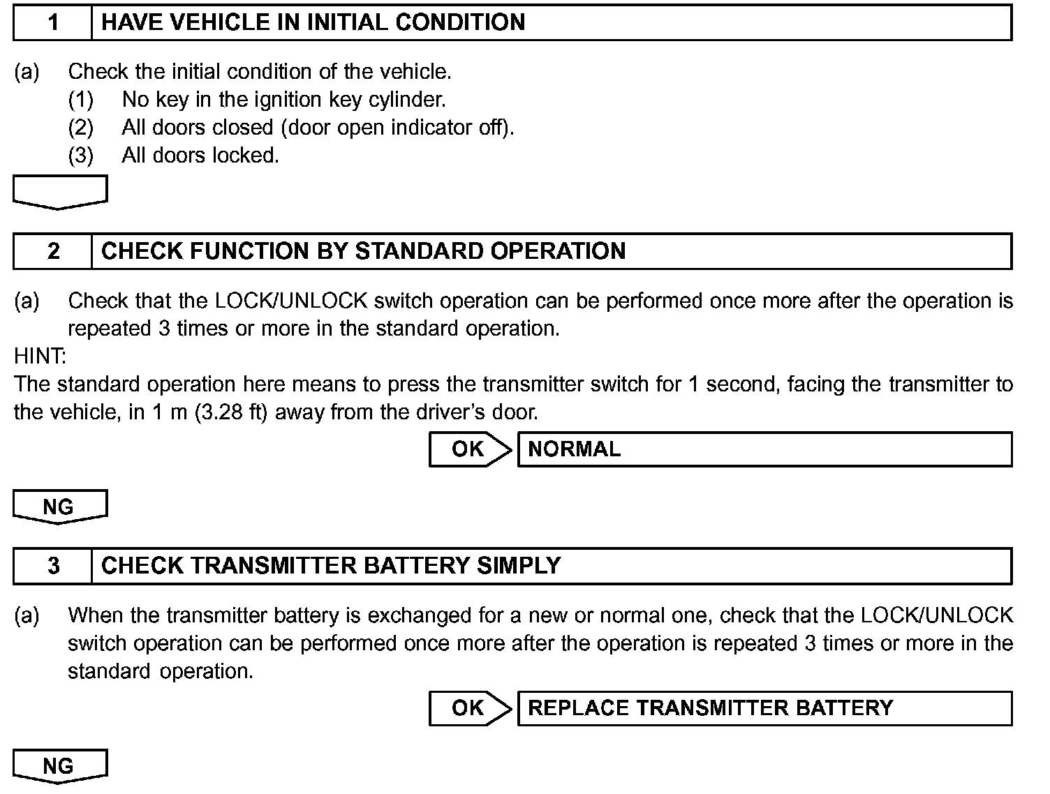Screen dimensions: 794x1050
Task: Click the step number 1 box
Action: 53,22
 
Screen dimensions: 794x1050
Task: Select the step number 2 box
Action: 53,251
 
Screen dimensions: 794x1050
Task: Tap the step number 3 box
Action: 53,566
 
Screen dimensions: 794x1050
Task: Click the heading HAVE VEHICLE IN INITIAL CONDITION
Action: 313,22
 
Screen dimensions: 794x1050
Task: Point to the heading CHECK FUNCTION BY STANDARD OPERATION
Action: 363,251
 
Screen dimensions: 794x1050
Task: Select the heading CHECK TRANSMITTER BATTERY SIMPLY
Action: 331,566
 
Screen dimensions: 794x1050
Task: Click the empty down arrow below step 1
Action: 60,192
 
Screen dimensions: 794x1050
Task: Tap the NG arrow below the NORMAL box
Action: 60,507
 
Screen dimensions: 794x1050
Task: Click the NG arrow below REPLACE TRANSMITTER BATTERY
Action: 60,766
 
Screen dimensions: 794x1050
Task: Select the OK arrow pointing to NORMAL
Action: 469,449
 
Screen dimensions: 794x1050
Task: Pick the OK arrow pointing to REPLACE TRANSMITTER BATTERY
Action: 469,708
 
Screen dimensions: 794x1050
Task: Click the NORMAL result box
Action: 764,449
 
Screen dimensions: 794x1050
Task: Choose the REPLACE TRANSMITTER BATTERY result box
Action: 764,708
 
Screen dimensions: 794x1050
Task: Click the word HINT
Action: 40,357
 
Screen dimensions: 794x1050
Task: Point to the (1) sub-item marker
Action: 80,100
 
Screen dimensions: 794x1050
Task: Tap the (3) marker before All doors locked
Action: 80,156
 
